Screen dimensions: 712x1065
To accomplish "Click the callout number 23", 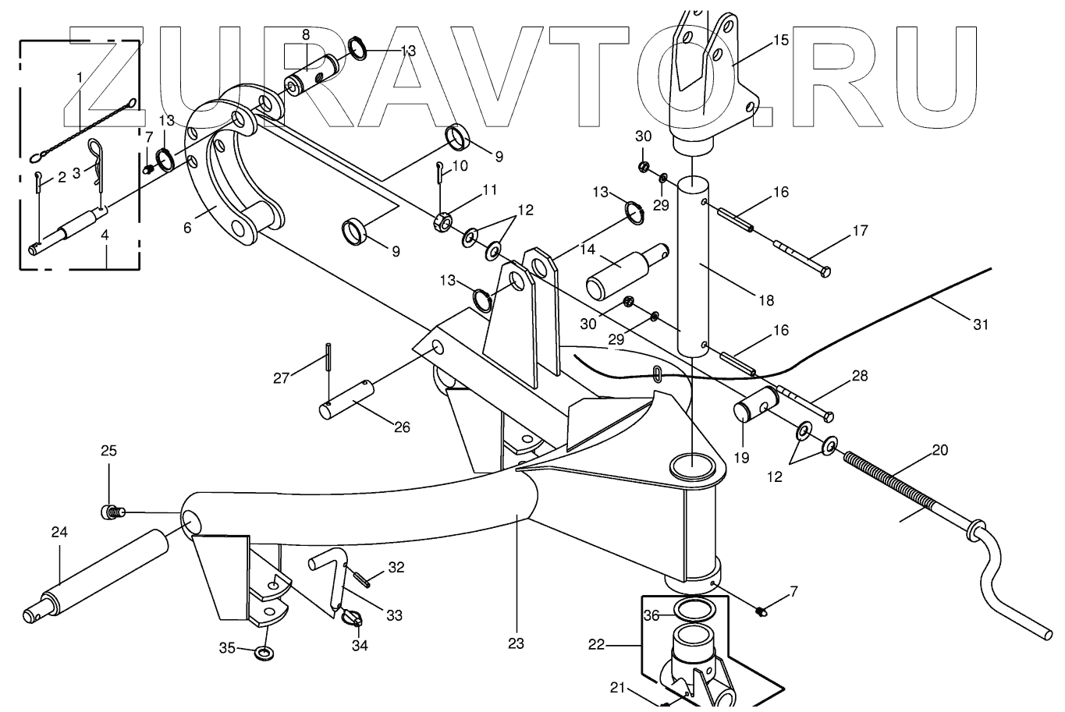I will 515,643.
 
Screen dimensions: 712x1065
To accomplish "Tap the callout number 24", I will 59,532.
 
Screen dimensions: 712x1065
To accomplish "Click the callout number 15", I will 781,39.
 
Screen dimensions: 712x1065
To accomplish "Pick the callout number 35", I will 226,646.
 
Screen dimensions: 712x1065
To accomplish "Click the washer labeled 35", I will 264,651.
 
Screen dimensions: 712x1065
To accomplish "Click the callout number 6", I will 187,227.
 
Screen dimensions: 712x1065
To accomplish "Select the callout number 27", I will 281,378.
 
